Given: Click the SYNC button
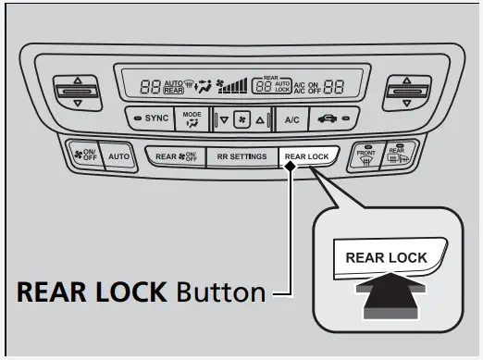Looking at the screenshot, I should point(151,120).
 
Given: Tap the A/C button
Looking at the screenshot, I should point(291,120).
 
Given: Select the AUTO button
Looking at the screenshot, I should point(118,156).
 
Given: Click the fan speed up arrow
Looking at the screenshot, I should point(260,120).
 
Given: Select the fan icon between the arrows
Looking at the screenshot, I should point(241,120).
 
